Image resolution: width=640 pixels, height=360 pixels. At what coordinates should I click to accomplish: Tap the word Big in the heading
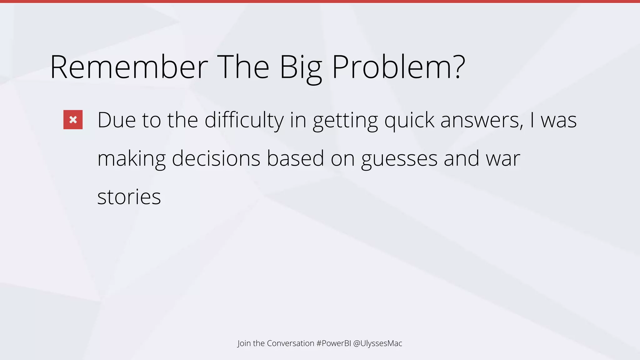[x=300, y=67]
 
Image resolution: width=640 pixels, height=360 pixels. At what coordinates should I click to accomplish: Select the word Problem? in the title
[x=398, y=67]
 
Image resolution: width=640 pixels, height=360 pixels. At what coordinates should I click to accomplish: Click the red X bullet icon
[x=73, y=120]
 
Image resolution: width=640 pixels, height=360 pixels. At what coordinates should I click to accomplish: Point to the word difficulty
[x=244, y=120]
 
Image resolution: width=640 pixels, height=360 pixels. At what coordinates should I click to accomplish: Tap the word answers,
[x=482, y=120]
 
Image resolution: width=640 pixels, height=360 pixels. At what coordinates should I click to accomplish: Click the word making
[x=132, y=159]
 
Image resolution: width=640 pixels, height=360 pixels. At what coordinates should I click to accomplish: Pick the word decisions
[x=216, y=159]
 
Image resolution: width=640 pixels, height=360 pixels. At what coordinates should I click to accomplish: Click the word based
[x=295, y=159]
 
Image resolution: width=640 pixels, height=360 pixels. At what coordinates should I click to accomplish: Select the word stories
[x=129, y=197]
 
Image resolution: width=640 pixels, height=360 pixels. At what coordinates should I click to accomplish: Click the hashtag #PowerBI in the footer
[x=333, y=343]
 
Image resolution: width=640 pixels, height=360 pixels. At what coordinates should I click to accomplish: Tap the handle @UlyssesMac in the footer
[x=377, y=343]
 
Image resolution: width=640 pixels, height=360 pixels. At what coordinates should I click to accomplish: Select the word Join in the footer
[x=244, y=343]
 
